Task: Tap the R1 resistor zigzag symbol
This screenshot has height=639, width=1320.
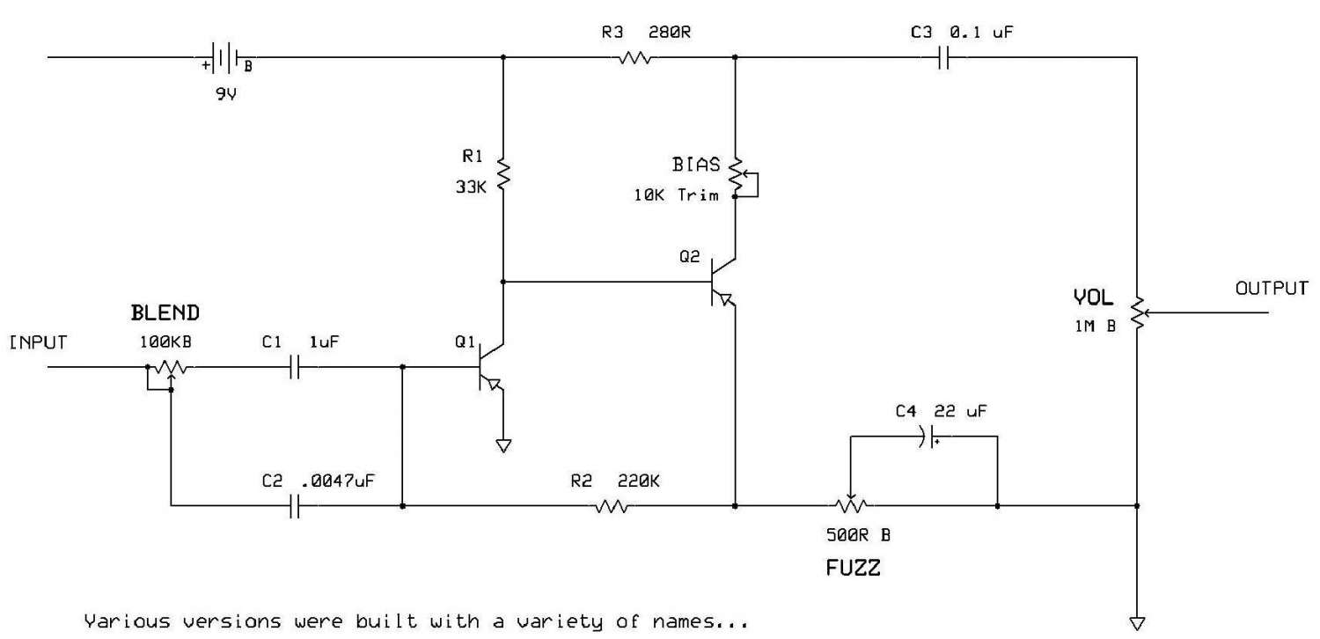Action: click(x=502, y=173)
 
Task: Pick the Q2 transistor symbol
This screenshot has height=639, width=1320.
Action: click(x=722, y=283)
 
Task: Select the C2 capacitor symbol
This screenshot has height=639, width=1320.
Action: click(x=295, y=506)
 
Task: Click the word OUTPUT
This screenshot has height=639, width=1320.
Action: click(x=1272, y=288)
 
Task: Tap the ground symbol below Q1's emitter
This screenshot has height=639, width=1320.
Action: click(x=502, y=445)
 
